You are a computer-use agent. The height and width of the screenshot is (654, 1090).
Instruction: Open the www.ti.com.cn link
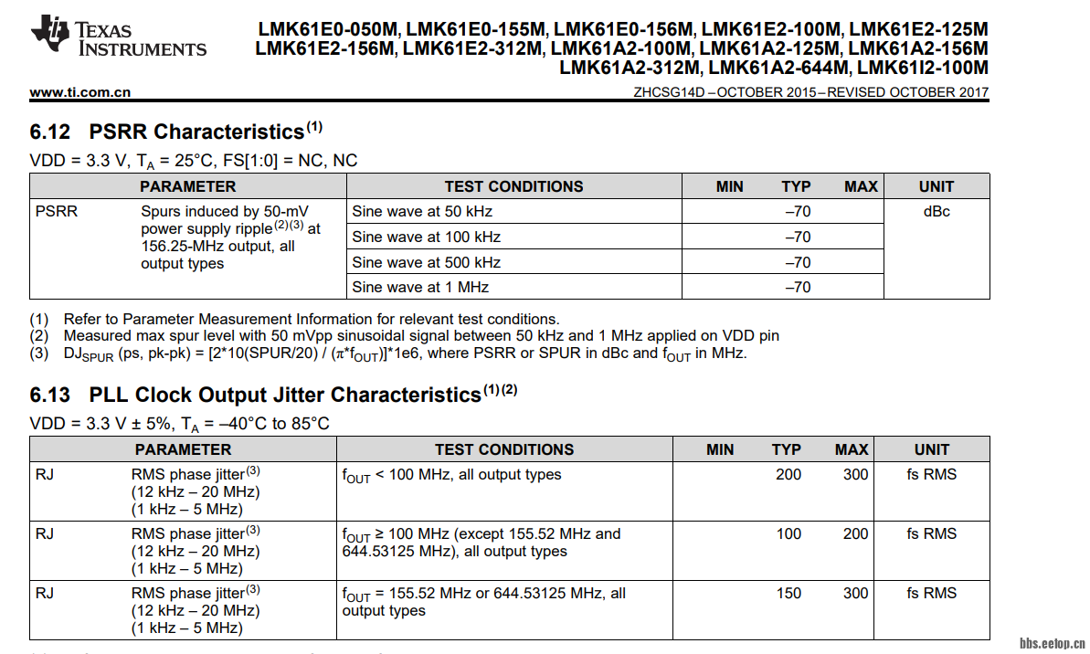(x=80, y=91)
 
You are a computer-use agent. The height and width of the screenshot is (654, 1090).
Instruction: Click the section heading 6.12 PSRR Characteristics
(x=175, y=132)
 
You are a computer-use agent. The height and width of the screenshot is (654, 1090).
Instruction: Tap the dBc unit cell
(x=936, y=211)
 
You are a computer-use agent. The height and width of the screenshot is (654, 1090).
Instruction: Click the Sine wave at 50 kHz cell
(x=422, y=211)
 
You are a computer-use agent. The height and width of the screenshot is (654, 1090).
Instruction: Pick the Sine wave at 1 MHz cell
(x=420, y=287)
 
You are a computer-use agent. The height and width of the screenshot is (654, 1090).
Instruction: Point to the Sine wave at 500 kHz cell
(x=426, y=262)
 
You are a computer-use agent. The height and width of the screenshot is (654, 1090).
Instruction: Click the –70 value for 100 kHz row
(x=797, y=237)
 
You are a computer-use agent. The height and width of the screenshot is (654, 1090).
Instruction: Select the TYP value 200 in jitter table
(x=788, y=474)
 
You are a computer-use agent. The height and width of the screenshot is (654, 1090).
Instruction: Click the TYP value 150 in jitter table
(x=788, y=593)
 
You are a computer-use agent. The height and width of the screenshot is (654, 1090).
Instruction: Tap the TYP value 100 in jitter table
(x=788, y=533)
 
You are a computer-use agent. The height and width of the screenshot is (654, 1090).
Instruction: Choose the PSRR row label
(x=57, y=211)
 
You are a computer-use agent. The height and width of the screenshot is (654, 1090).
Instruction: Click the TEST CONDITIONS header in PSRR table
(x=513, y=186)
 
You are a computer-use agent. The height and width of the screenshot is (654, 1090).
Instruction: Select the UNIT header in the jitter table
(x=932, y=449)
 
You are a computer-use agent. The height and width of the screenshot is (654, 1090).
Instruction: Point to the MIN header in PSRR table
(x=729, y=186)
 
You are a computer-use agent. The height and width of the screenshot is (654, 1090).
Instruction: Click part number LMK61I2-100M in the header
(x=923, y=68)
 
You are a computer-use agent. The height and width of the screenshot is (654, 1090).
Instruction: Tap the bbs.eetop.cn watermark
(x=1052, y=641)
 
